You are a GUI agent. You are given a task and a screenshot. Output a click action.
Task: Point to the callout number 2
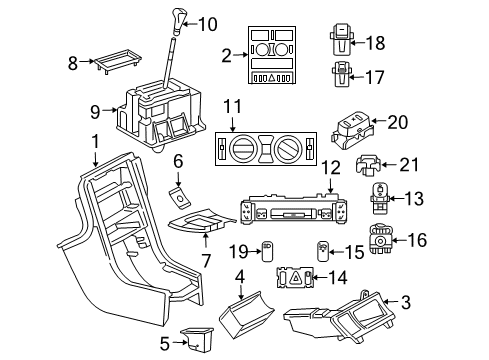(226, 55)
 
